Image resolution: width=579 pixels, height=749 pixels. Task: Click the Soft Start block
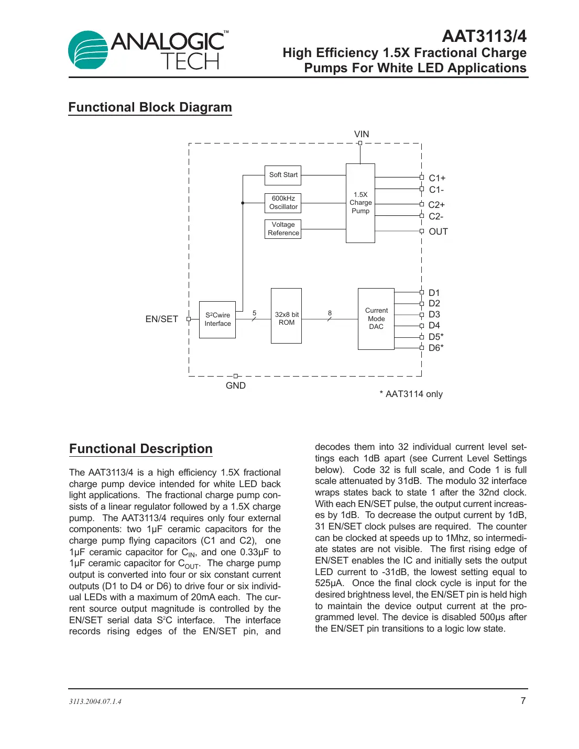[x=283, y=175]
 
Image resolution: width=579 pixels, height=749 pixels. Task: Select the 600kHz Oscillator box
[x=283, y=203]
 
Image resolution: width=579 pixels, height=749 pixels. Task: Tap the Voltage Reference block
[x=283, y=229]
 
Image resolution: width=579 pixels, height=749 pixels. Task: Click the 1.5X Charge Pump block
[x=360, y=203]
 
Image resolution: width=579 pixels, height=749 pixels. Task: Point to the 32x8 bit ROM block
[x=286, y=316]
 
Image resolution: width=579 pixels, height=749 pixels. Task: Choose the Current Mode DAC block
[x=376, y=318]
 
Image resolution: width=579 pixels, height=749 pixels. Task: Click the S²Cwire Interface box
[x=217, y=320]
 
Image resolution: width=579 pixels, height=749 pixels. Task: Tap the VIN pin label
[x=362, y=134]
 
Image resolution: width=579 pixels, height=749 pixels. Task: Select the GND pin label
[x=236, y=385]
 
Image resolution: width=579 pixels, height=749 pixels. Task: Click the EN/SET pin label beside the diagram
[x=161, y=319]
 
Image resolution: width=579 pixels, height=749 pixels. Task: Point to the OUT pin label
[x=438, y=232]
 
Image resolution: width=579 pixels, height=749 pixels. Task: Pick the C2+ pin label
[x=436, y=205]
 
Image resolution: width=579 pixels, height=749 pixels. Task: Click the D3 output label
[x=434, y=314]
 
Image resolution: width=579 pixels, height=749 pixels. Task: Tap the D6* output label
[x=436, y=348]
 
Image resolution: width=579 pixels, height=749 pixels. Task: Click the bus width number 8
[x=330, y=313]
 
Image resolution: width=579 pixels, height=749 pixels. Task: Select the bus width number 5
[x=255, y=313]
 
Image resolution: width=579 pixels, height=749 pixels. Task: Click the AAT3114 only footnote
[x=411, y=394]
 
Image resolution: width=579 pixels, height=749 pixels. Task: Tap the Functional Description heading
[x=141, y=449]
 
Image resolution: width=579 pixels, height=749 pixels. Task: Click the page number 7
[x=523, y=701]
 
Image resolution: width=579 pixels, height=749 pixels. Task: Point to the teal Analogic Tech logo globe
[x=88, y=50]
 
